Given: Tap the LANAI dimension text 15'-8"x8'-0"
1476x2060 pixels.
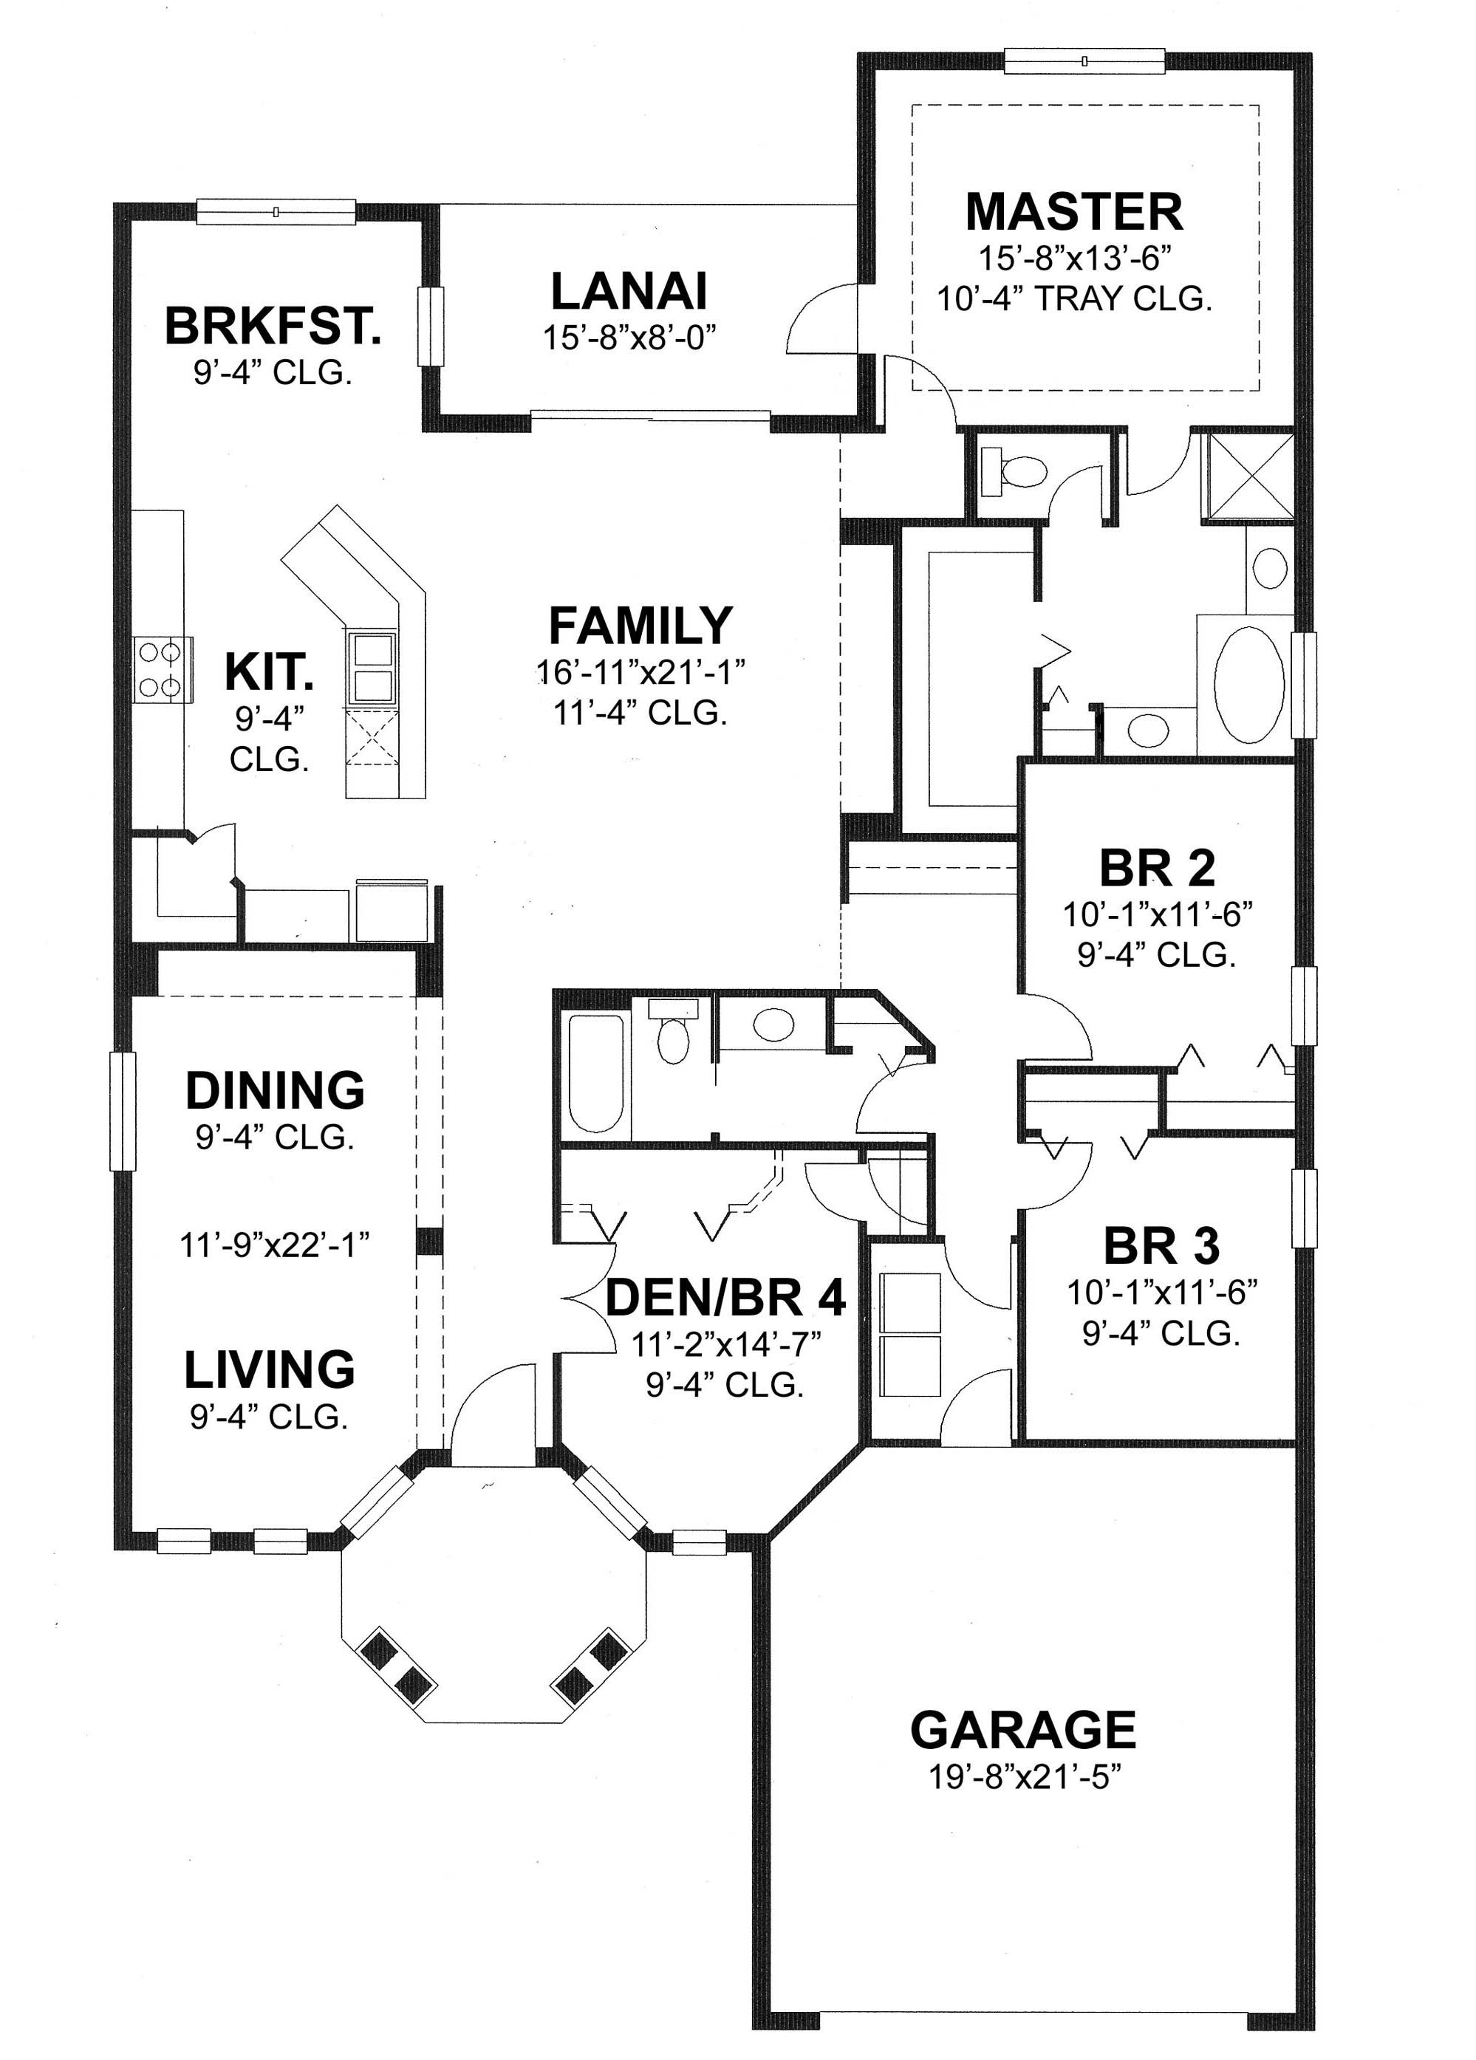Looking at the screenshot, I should (x=629, y=338).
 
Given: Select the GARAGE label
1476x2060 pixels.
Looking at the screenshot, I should (x=1022, y=1731).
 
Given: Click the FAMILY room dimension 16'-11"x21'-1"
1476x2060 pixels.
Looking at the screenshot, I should (x=640, y=673).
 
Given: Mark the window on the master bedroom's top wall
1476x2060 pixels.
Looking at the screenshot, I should (x=1084, y=61).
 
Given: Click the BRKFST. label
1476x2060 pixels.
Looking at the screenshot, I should (x=273, y=327).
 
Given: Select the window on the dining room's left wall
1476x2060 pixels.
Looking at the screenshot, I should (x=122, y=1110).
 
